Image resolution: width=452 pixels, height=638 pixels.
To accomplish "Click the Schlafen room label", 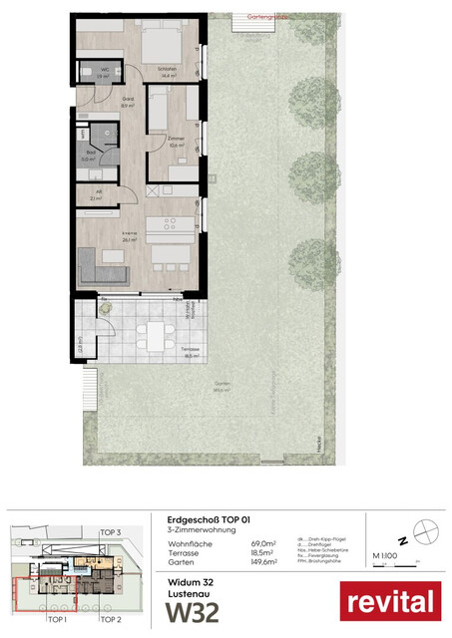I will pos(169,71).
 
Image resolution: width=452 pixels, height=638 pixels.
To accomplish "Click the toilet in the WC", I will pos(88,75).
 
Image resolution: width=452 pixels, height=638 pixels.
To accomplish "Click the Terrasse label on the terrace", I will pos(190,351).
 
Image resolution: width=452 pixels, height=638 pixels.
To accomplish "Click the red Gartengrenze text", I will pos(261,17).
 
